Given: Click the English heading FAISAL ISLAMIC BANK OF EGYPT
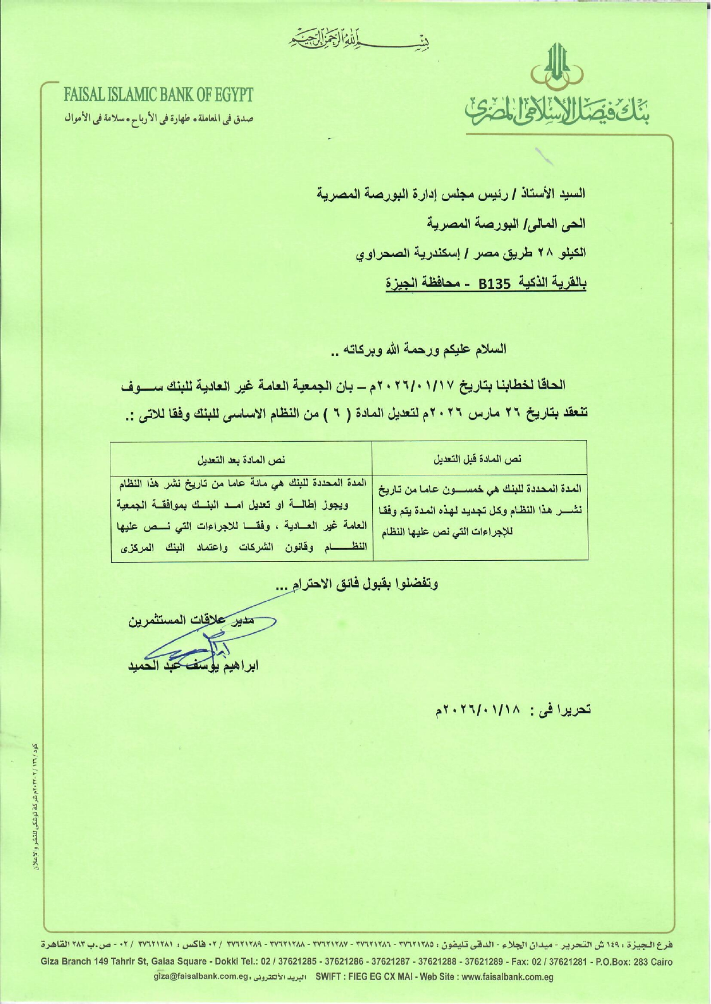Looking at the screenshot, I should pyautogui.click(x=158, y=94).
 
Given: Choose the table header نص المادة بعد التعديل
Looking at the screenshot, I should pyautogui.click(x=241, y=460).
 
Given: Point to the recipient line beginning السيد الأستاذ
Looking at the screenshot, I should pyautogui.click(x=452, y=193).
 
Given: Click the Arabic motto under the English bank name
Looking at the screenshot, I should pyautogui.click(x=158, y=119).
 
